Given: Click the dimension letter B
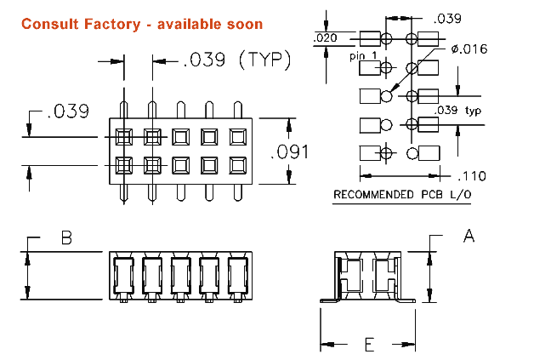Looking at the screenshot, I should click(65, 238).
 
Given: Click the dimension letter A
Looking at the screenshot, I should click(468, 236).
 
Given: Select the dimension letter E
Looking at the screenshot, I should click(369, 344).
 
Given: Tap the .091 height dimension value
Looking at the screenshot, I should click(288, 152).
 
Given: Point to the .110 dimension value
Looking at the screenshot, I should click(469, 176).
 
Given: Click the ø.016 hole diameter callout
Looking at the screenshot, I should click(469, 49).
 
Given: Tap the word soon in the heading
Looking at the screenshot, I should click(244, 24).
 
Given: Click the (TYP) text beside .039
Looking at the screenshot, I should click(264, 60).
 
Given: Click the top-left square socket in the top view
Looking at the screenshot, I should click(124, 135).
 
